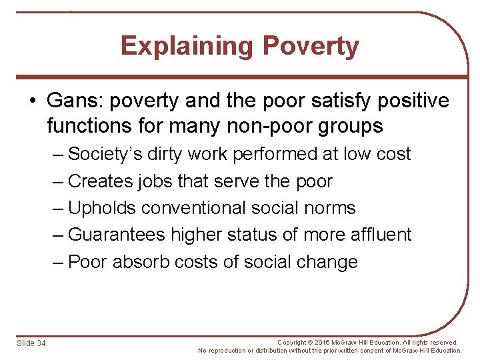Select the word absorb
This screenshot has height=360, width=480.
[x=141, y=262]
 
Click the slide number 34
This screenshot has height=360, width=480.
[x=40, y=343]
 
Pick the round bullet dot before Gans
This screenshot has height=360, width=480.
[x=33, y=101]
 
